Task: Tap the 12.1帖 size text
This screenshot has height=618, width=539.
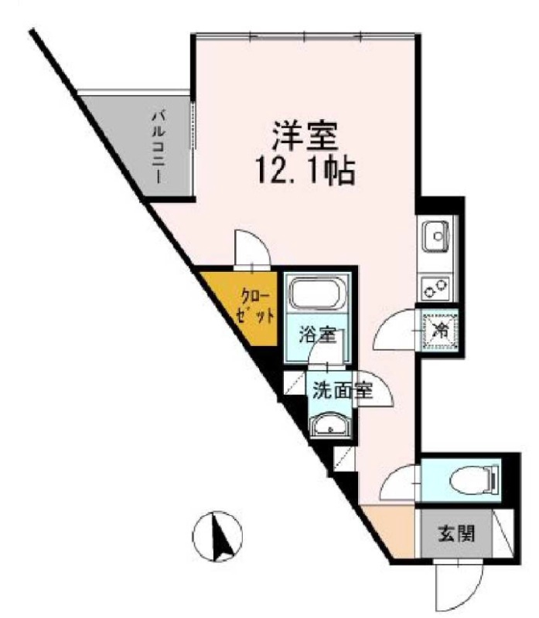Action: tap(304, 171)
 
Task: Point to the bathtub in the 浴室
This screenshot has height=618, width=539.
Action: tap(318, 295)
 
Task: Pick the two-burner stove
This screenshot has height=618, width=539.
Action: tap(435, 289)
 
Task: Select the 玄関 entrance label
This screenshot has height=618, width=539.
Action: tap(456, 532)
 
